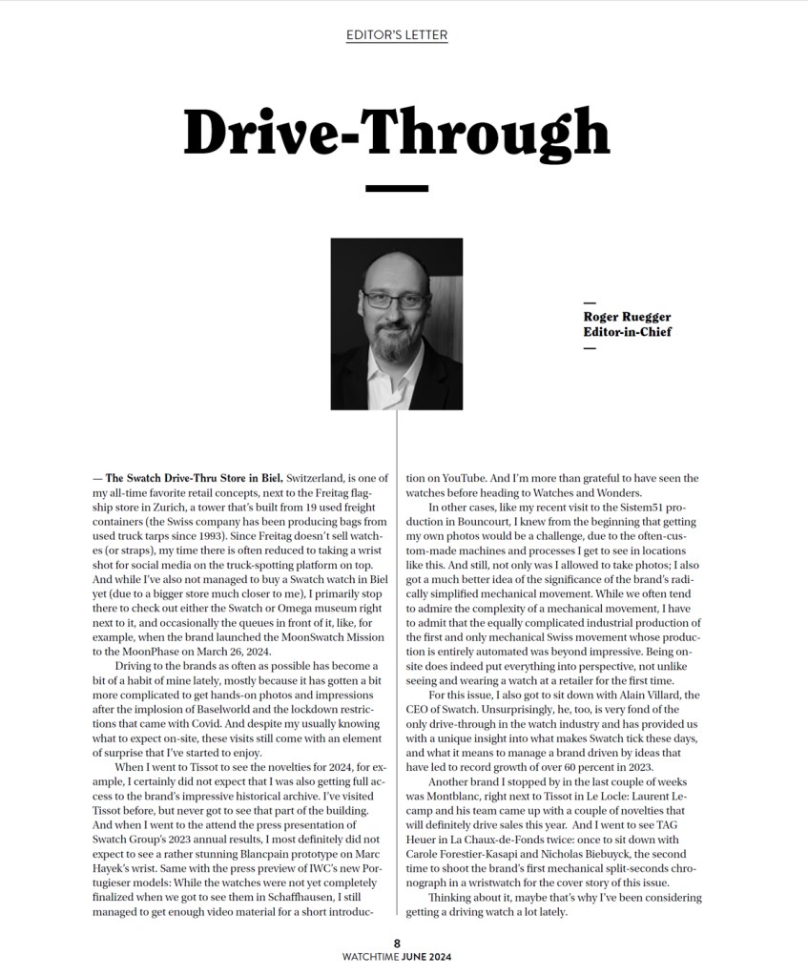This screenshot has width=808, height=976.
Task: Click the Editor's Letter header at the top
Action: click(x=397, y=35)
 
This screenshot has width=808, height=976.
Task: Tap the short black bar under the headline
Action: click(x=397, y=188)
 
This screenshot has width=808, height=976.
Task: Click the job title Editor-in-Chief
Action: click(x=628, y=332)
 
